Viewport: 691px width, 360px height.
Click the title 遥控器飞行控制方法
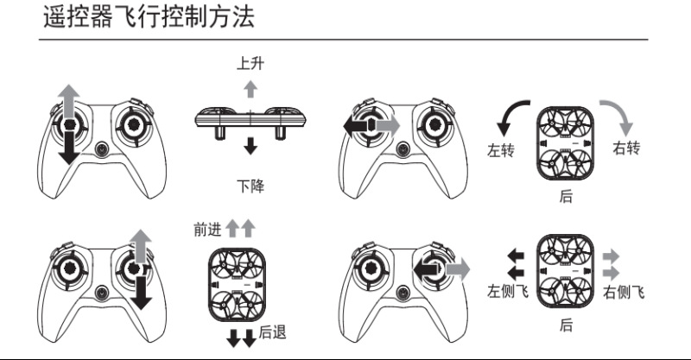149,18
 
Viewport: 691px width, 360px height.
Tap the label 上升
250,64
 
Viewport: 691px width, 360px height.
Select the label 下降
250,185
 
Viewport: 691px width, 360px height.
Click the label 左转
500,151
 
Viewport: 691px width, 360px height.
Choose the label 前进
208,229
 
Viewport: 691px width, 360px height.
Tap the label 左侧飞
507,291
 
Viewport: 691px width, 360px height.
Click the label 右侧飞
624,292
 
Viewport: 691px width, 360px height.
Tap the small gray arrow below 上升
250,87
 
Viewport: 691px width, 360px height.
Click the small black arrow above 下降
250,144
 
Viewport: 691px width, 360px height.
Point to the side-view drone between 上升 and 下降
250,118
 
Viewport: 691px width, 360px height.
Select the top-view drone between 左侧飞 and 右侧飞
565,271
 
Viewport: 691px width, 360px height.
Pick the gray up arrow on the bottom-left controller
140,245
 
